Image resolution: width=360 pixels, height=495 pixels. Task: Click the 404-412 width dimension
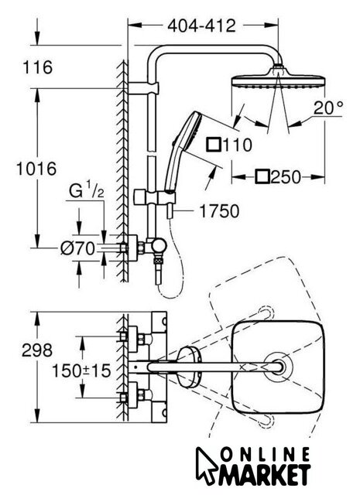point(201,26)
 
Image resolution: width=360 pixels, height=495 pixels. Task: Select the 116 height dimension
point(38,67)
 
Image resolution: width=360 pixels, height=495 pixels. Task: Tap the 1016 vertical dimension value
point(36,169)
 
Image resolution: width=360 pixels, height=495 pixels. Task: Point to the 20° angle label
point(328,108)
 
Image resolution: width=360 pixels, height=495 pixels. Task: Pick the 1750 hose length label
point(219,211)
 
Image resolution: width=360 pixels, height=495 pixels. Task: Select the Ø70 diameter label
point(77,248)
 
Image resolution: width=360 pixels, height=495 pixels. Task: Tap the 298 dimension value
point(37,350)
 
